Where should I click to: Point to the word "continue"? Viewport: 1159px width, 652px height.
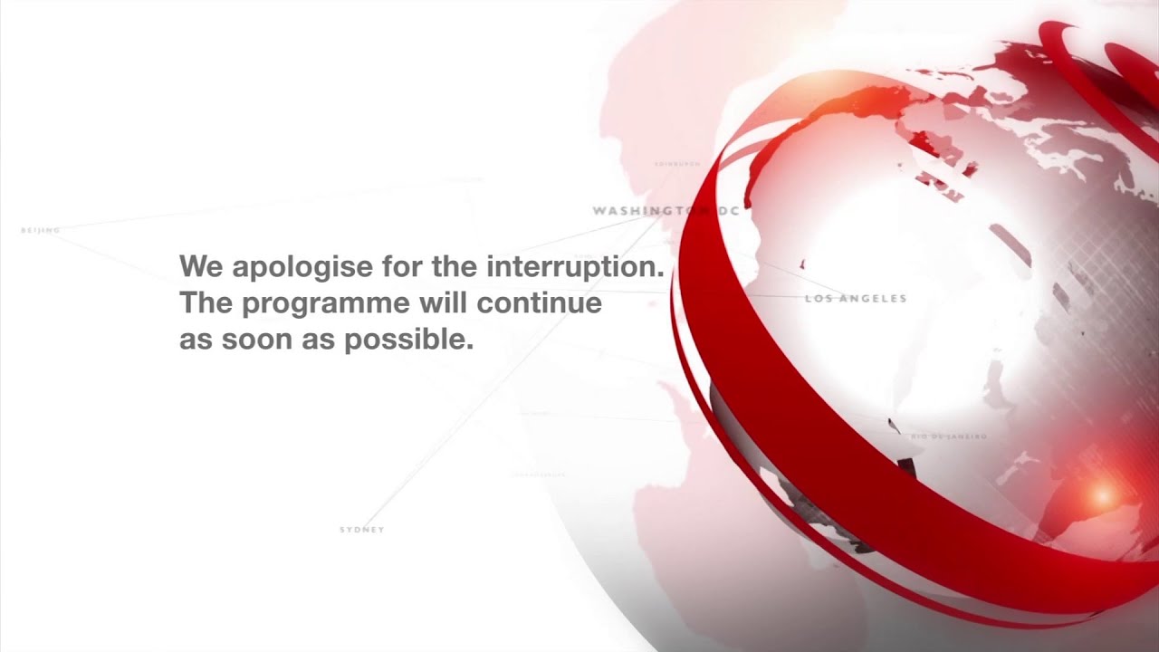pyautogui.click(x=540, y=303)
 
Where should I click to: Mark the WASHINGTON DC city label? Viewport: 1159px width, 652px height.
pyautogui.click(x=666, y=211)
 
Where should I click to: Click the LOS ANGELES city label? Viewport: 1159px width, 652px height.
pyautogui.click(x=856, y=298)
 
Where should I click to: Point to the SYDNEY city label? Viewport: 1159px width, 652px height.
pyautogui.click(x=362, y=530)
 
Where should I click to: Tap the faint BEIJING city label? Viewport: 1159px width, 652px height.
pyautogui.click(x=41, y=231)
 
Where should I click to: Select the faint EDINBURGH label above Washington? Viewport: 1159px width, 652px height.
pyautogui.click(x=677, y=165)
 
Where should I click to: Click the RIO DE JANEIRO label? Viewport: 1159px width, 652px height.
pyautogui.click(x=949, y=436)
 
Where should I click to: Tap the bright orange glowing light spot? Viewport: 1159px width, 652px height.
pyautogui.click(x=1102, y=494)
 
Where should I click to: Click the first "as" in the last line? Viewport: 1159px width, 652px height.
pyautogui.click(x=192, y=341)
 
